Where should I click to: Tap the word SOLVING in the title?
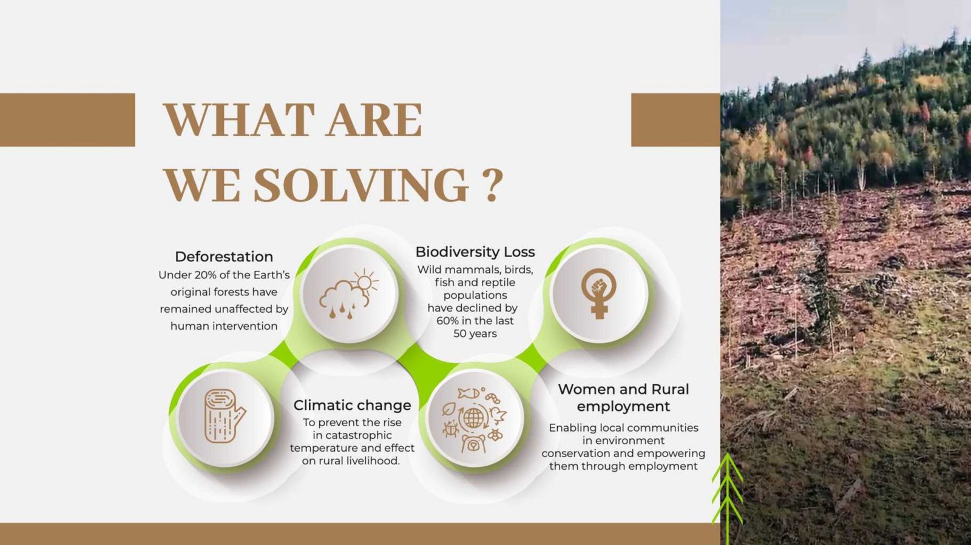point(360,186)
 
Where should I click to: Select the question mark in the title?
point(492,186)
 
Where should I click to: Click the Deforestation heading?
point(224,256)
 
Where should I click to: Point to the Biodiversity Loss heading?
point(475,252)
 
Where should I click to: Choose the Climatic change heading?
point(352,405)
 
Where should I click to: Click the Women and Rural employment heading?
point(623,398)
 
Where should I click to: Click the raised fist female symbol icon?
point(598,293)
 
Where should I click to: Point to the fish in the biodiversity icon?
point(468,393)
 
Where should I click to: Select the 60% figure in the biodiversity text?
point(447,321)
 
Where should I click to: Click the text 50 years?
point(475,334)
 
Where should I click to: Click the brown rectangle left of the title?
point(67,120)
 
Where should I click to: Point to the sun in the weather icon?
point(365,283)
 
